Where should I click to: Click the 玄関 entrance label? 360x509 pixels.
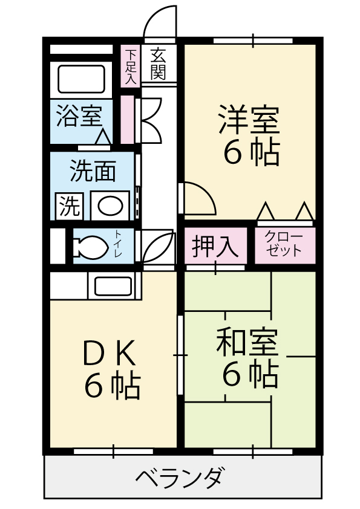pos(158,63)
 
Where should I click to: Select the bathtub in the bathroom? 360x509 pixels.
pos(81,79)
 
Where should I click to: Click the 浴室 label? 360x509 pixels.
pos(79,116)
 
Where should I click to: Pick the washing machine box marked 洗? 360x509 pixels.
pos(69,206)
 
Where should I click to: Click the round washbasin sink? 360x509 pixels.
pos(111,206)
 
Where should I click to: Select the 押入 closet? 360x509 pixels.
pos(215,245)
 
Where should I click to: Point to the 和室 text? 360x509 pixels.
pos(247,342)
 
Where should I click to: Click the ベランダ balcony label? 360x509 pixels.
pos(180,476)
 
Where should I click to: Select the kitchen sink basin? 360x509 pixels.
pos(113,286)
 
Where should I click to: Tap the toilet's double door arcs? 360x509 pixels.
pos(159,247)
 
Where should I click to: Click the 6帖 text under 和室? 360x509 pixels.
pos(250,375)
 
